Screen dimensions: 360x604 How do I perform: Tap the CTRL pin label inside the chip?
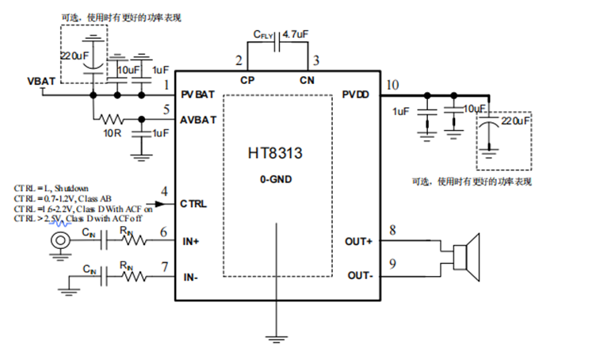pos(193,204)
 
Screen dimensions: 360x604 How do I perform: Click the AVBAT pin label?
pos(198,120)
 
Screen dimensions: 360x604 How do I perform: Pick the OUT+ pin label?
pos(360,241)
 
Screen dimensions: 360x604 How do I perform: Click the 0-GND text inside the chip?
pos(276,180)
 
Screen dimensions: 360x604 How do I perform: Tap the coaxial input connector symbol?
pos(58,241)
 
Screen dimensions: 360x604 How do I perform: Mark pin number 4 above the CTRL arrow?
pos(164,191)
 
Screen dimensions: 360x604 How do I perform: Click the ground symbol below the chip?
pos(276,339)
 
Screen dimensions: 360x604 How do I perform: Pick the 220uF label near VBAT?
pos(75,57)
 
